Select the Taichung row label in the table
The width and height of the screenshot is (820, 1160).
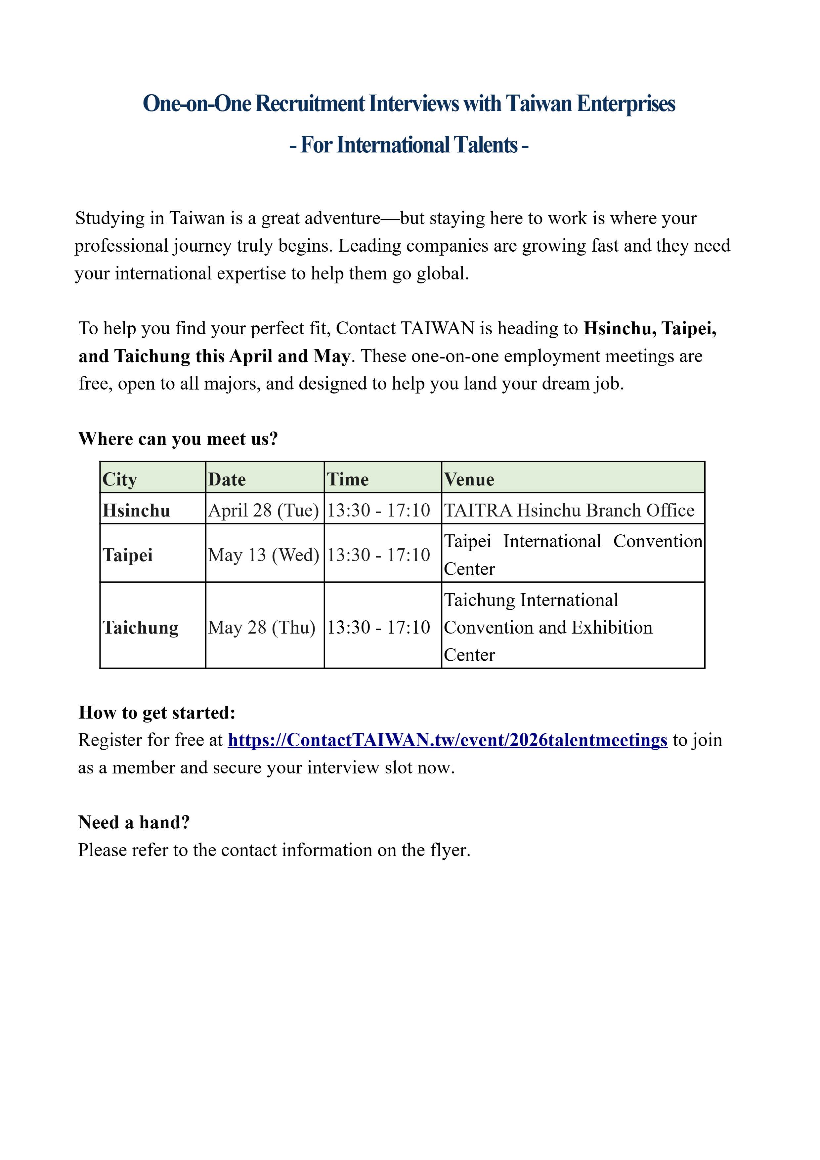(x=141, y=628)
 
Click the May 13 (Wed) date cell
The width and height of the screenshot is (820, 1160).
(x=263, y=555)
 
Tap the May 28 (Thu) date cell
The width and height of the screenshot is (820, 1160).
(x=262, y=628)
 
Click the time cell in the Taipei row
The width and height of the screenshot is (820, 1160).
(x=378, y=555)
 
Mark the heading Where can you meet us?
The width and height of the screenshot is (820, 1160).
(x=178, y=438)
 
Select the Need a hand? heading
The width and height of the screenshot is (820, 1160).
(x=134, y=822)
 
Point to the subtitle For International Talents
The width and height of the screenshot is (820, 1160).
(x=409, y=145)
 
